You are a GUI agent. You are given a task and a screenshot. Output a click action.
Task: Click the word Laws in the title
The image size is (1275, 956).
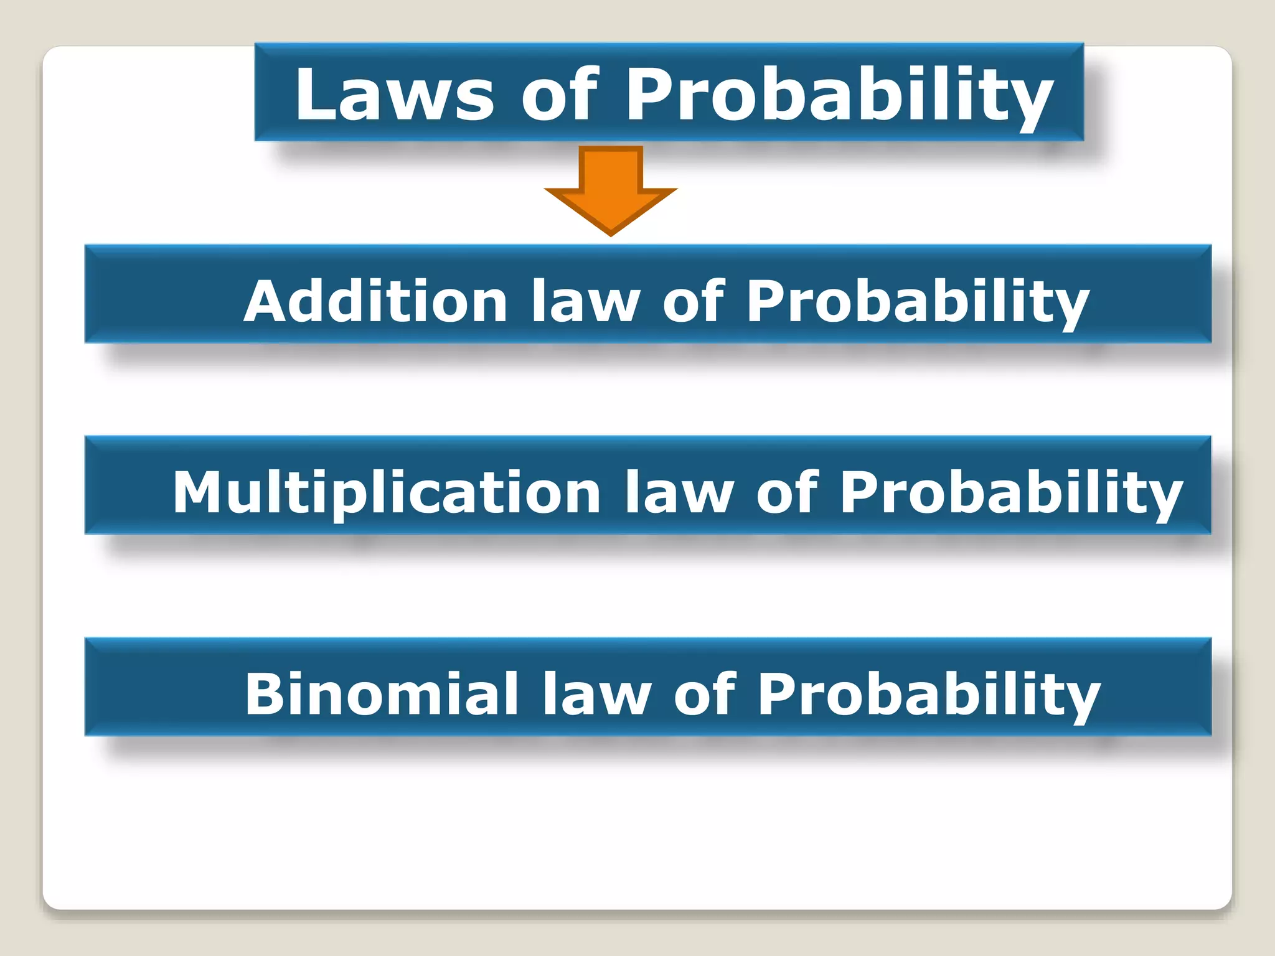(395, 95)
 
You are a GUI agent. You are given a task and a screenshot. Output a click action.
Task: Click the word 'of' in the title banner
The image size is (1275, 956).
(560, 95)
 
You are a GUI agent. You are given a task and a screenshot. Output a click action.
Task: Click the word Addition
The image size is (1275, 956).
(375, 301)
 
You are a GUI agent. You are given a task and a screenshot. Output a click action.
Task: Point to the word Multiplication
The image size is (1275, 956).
(386, 492)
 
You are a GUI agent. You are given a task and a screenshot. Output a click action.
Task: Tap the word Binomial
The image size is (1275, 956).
(382, 694)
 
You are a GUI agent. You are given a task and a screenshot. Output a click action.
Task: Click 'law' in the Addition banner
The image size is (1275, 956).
(585, 301)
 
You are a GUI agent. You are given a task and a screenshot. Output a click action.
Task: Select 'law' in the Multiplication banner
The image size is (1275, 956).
(679, 492)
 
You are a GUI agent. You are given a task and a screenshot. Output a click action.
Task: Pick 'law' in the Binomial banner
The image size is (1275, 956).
(596, 694)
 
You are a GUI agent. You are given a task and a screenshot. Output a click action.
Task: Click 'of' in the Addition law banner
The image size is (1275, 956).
(693, 301)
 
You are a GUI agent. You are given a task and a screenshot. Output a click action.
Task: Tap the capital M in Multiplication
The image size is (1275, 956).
(198, 492)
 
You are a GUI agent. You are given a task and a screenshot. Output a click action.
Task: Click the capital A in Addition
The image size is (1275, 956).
(266, 301)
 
